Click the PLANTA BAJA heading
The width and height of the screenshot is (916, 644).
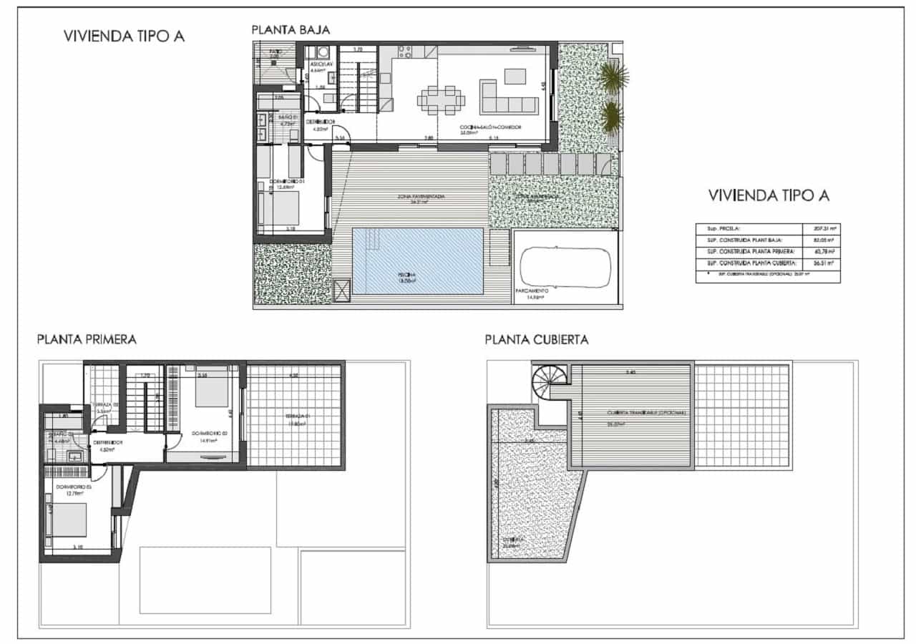[x=290, y=30]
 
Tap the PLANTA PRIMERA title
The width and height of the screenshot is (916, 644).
[x=87, y=339]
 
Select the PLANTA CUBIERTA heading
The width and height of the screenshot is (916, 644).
[x=536, y=339]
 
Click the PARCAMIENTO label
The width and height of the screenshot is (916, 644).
[x=532, y=291]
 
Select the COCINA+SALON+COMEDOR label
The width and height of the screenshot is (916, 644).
[x=490, y=127]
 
